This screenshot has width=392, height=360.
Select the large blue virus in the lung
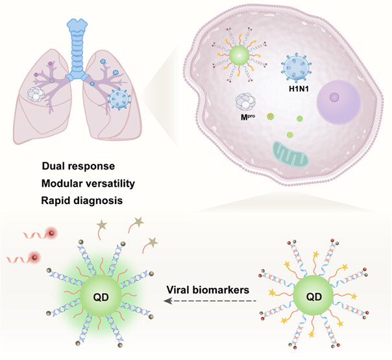[118, 101]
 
